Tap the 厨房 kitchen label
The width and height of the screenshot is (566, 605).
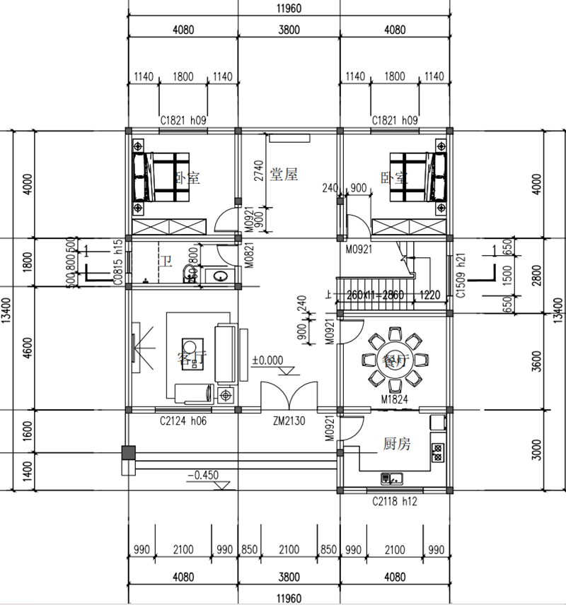398,445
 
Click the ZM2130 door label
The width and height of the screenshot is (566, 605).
289,422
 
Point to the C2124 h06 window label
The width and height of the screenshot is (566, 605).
183,422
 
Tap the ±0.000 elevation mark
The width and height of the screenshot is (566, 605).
267,360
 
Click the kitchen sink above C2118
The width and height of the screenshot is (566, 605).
391,478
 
